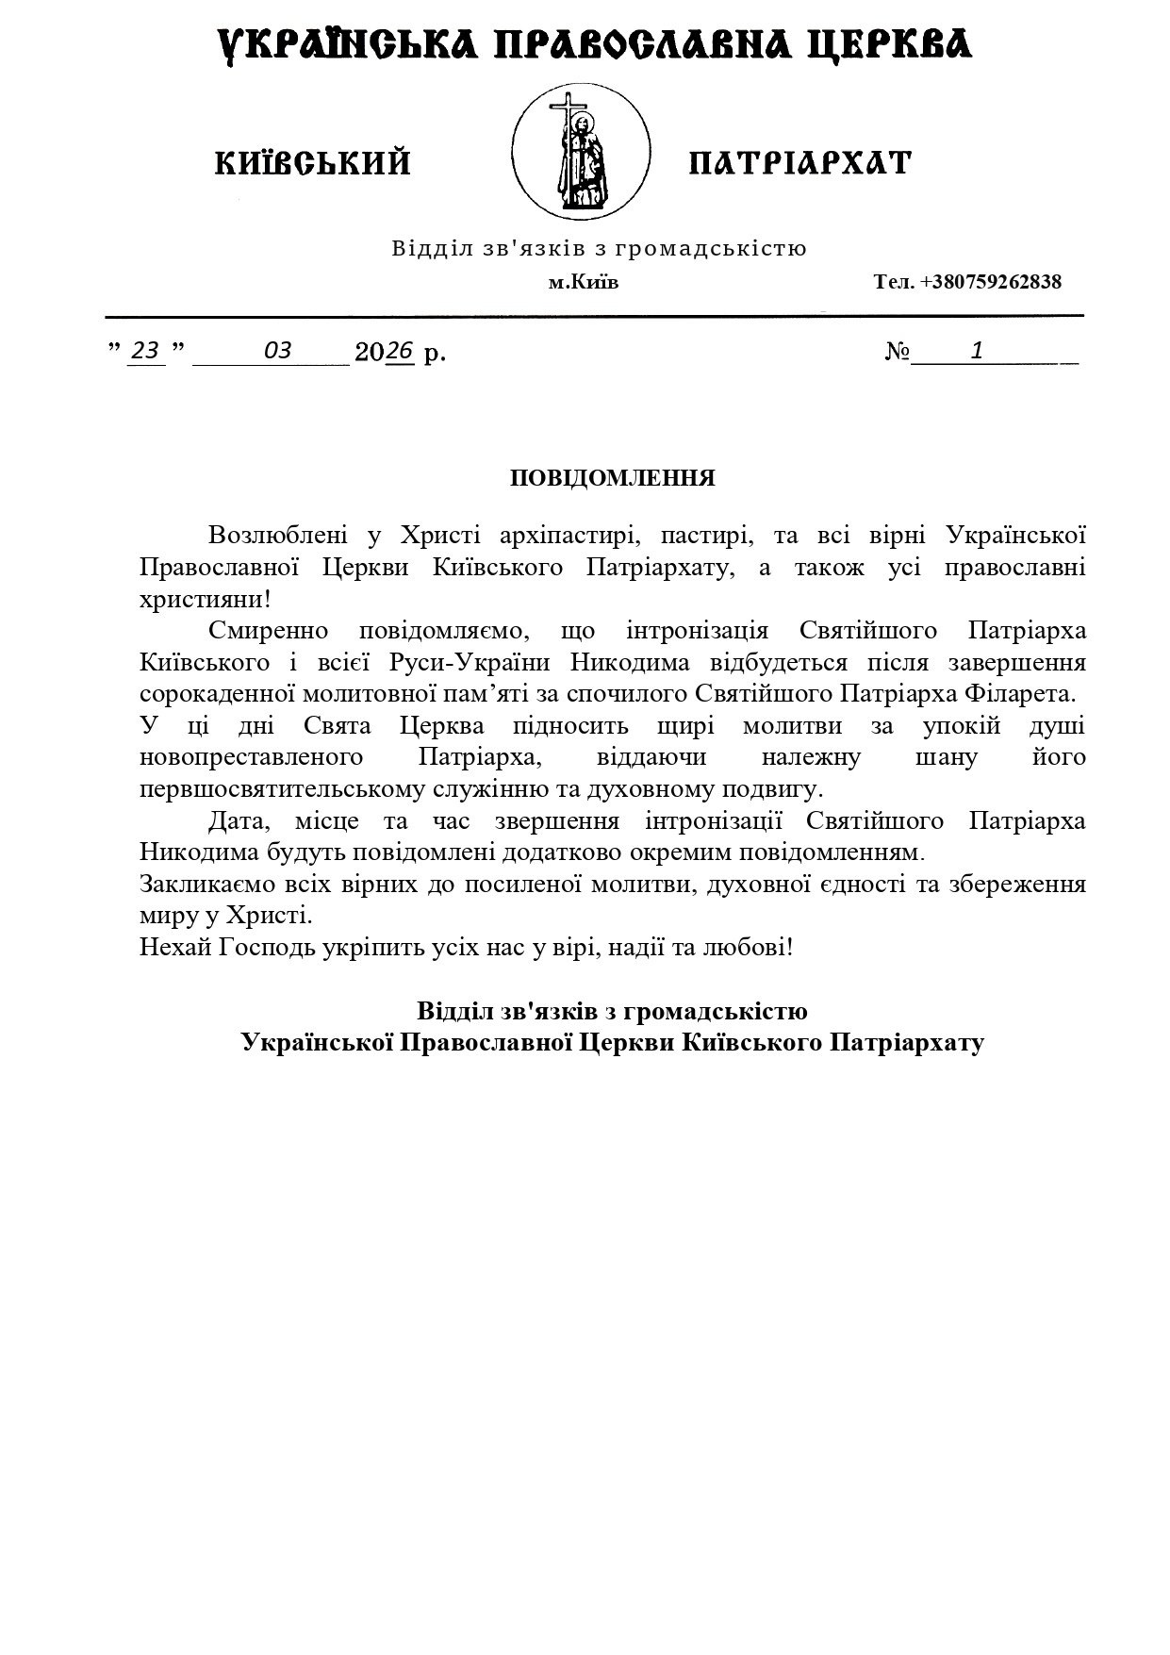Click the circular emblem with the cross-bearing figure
coord(581,152)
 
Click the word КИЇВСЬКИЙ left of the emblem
coord(313,163)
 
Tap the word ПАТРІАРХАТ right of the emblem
coord(800,163)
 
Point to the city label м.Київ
coord(584,282)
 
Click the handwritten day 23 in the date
coord(146,351)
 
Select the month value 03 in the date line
coord(277,351)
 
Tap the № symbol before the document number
coord(898,352)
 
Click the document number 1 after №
coord(978,351)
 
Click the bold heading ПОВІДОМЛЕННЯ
coord(613,478)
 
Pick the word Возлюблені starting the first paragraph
coord(278,536)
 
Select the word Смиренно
coord(268,631)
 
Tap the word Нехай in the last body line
coord(175,946)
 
